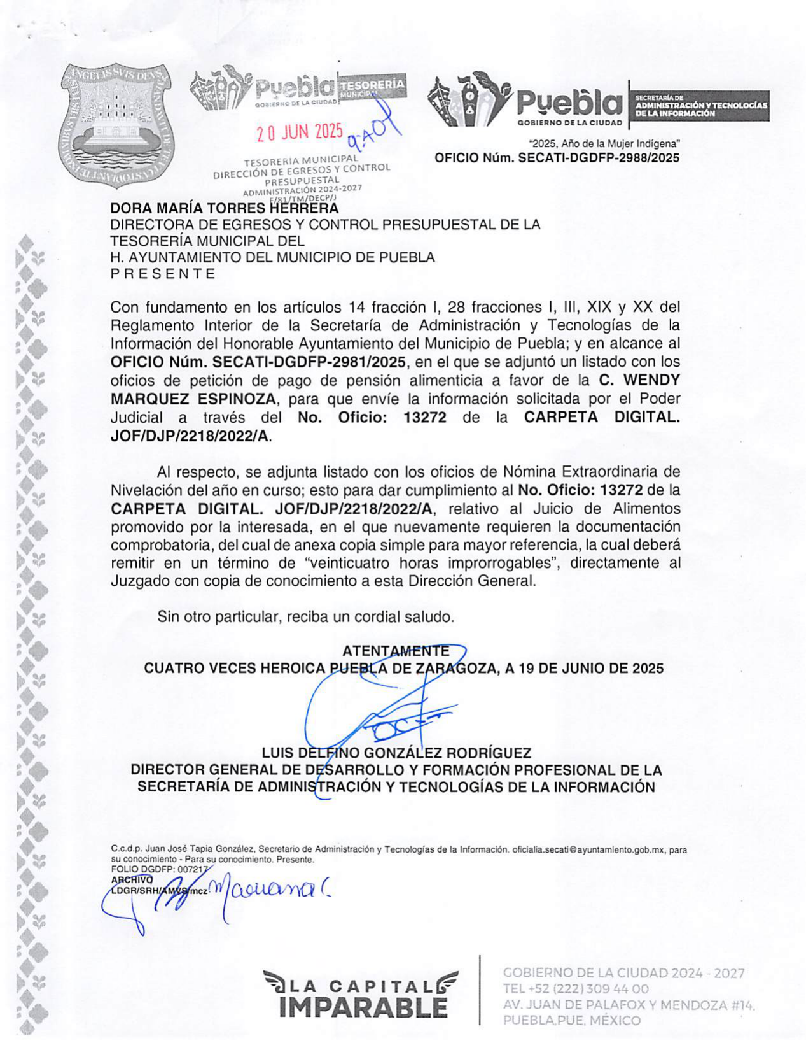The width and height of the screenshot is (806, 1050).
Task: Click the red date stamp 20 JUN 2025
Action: [299, 132]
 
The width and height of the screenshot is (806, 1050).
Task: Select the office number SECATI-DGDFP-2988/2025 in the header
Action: [599, 158]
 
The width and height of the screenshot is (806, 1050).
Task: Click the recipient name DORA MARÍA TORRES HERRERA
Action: [224, 208]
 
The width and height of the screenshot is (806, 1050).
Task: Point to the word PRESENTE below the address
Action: [163, 274]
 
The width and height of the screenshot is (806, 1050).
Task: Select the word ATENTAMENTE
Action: [395, 651]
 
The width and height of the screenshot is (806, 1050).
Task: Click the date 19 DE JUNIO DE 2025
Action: [591, 669]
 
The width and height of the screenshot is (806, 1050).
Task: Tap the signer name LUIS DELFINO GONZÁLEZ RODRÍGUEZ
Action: [396, 753]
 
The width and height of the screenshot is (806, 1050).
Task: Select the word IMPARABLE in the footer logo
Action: [363, 1007]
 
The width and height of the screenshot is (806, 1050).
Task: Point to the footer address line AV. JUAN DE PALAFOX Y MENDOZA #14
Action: [629, 1005]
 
